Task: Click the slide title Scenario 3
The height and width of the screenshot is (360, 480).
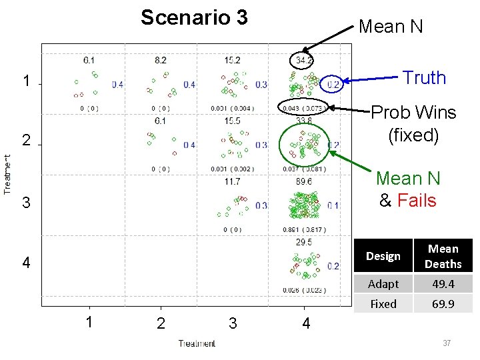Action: [194, 17]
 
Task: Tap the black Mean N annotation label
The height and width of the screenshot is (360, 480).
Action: [391, 27]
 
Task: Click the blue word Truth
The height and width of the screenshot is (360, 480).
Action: [424, 77]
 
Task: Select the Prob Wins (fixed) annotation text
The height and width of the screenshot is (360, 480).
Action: [413, 123]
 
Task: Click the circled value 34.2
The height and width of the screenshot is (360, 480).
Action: [304, 61]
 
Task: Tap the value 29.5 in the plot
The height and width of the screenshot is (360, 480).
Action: [303, 242]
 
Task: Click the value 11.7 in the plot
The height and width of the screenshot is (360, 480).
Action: [232, 181]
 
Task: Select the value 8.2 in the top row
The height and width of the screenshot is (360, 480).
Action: [160, 61]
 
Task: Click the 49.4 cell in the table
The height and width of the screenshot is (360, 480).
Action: [443, 284]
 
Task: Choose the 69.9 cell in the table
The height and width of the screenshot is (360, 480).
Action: [443, 304]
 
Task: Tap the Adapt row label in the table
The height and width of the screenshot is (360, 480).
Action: [383, 284]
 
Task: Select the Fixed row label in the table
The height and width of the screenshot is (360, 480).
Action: [383, 304]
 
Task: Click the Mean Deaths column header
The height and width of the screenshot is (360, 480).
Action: [443, 256]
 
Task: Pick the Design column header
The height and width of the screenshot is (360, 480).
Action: [383, 256]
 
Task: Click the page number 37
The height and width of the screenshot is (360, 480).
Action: [447, 343]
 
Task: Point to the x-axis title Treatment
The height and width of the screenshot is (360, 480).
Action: [197, 343]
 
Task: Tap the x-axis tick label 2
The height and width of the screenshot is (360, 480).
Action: [161, 324]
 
